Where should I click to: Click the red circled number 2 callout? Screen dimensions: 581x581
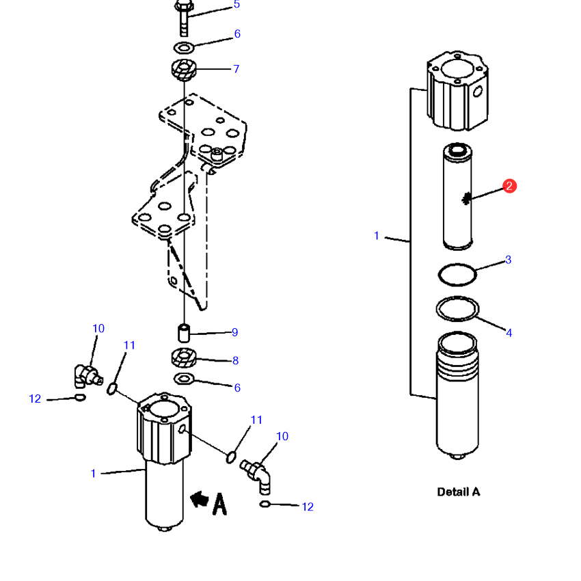pos(509,186)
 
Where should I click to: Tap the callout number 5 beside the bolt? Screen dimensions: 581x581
pos(237,5)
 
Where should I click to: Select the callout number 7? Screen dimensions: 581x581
pos(236,69)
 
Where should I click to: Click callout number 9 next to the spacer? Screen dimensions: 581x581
pos(234,332)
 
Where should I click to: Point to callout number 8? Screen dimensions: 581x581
pos(235,360)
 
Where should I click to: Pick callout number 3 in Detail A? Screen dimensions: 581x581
pos(509,260)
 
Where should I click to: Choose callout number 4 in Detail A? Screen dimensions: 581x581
pos(509,333)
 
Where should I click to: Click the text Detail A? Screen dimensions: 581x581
pos(459,492)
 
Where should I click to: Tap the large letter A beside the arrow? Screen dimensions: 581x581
pos(219,504)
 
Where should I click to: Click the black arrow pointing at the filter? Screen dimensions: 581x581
pos(200,499)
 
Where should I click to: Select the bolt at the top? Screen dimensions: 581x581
pos(184,18)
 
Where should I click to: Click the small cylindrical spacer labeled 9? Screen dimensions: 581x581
pos(184,333)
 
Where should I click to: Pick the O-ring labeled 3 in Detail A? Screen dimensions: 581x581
pos(457,275)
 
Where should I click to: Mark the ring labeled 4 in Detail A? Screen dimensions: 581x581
pos(457,308)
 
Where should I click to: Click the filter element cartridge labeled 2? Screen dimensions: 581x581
pos(457,196)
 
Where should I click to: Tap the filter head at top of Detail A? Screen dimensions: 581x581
pos(457,91)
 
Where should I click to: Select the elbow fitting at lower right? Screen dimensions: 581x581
pos(256,476)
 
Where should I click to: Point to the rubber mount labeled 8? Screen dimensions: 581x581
pos(184,357)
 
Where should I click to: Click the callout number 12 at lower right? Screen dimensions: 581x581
pos(308,507)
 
